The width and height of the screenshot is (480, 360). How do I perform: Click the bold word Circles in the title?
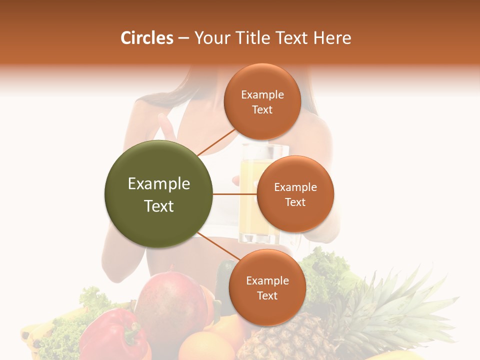coord(147,38)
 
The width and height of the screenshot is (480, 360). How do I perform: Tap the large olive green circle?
coord(158,194)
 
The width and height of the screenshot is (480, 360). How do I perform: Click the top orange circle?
coord(262,101)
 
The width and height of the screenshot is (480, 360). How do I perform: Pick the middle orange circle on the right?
coord(295,194)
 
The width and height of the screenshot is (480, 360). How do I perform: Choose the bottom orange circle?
coord(267,287)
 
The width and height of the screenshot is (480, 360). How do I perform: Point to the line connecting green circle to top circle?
coord(216,141)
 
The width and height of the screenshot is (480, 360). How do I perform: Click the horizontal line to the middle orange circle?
coord(234,194)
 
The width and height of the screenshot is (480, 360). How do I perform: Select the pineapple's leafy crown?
coord(395,300)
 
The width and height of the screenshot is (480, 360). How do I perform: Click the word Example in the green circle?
coord(158,183)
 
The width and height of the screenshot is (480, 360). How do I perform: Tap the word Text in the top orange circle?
coord(262,109)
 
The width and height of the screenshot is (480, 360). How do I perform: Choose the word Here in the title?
coord(332,38)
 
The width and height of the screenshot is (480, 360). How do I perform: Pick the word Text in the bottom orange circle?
coord(267,295)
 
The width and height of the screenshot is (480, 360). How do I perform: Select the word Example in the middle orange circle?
coord(295,187)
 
